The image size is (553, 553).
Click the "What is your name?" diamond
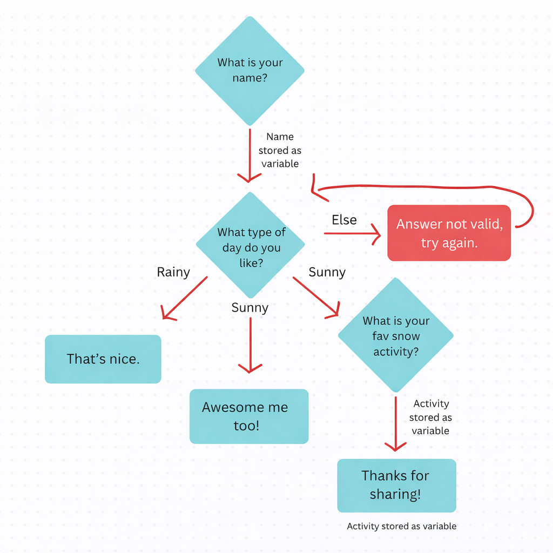click(249, 70)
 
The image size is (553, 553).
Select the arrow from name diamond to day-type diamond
click(249, 154)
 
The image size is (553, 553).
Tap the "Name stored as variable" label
click(280, 150)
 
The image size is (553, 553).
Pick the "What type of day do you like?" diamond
click(250, 246)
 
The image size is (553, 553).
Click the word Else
click(344, 220)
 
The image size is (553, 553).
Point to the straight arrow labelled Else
click(351, 233)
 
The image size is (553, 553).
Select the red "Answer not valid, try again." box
click(449, 233)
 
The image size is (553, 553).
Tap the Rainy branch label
click(173, 272)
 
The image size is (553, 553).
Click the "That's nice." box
click(103, 359)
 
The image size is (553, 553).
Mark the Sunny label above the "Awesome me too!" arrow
click(249, 308)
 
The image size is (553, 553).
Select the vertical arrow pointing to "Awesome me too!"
click(250, 346)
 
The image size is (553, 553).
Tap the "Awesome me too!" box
click(248, 416)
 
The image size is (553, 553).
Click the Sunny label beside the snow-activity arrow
click(327, 272)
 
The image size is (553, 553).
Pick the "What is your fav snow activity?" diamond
click(395, 335)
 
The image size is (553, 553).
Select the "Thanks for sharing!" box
click(396, 485)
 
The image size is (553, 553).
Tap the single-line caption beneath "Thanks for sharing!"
click(401, 526)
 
